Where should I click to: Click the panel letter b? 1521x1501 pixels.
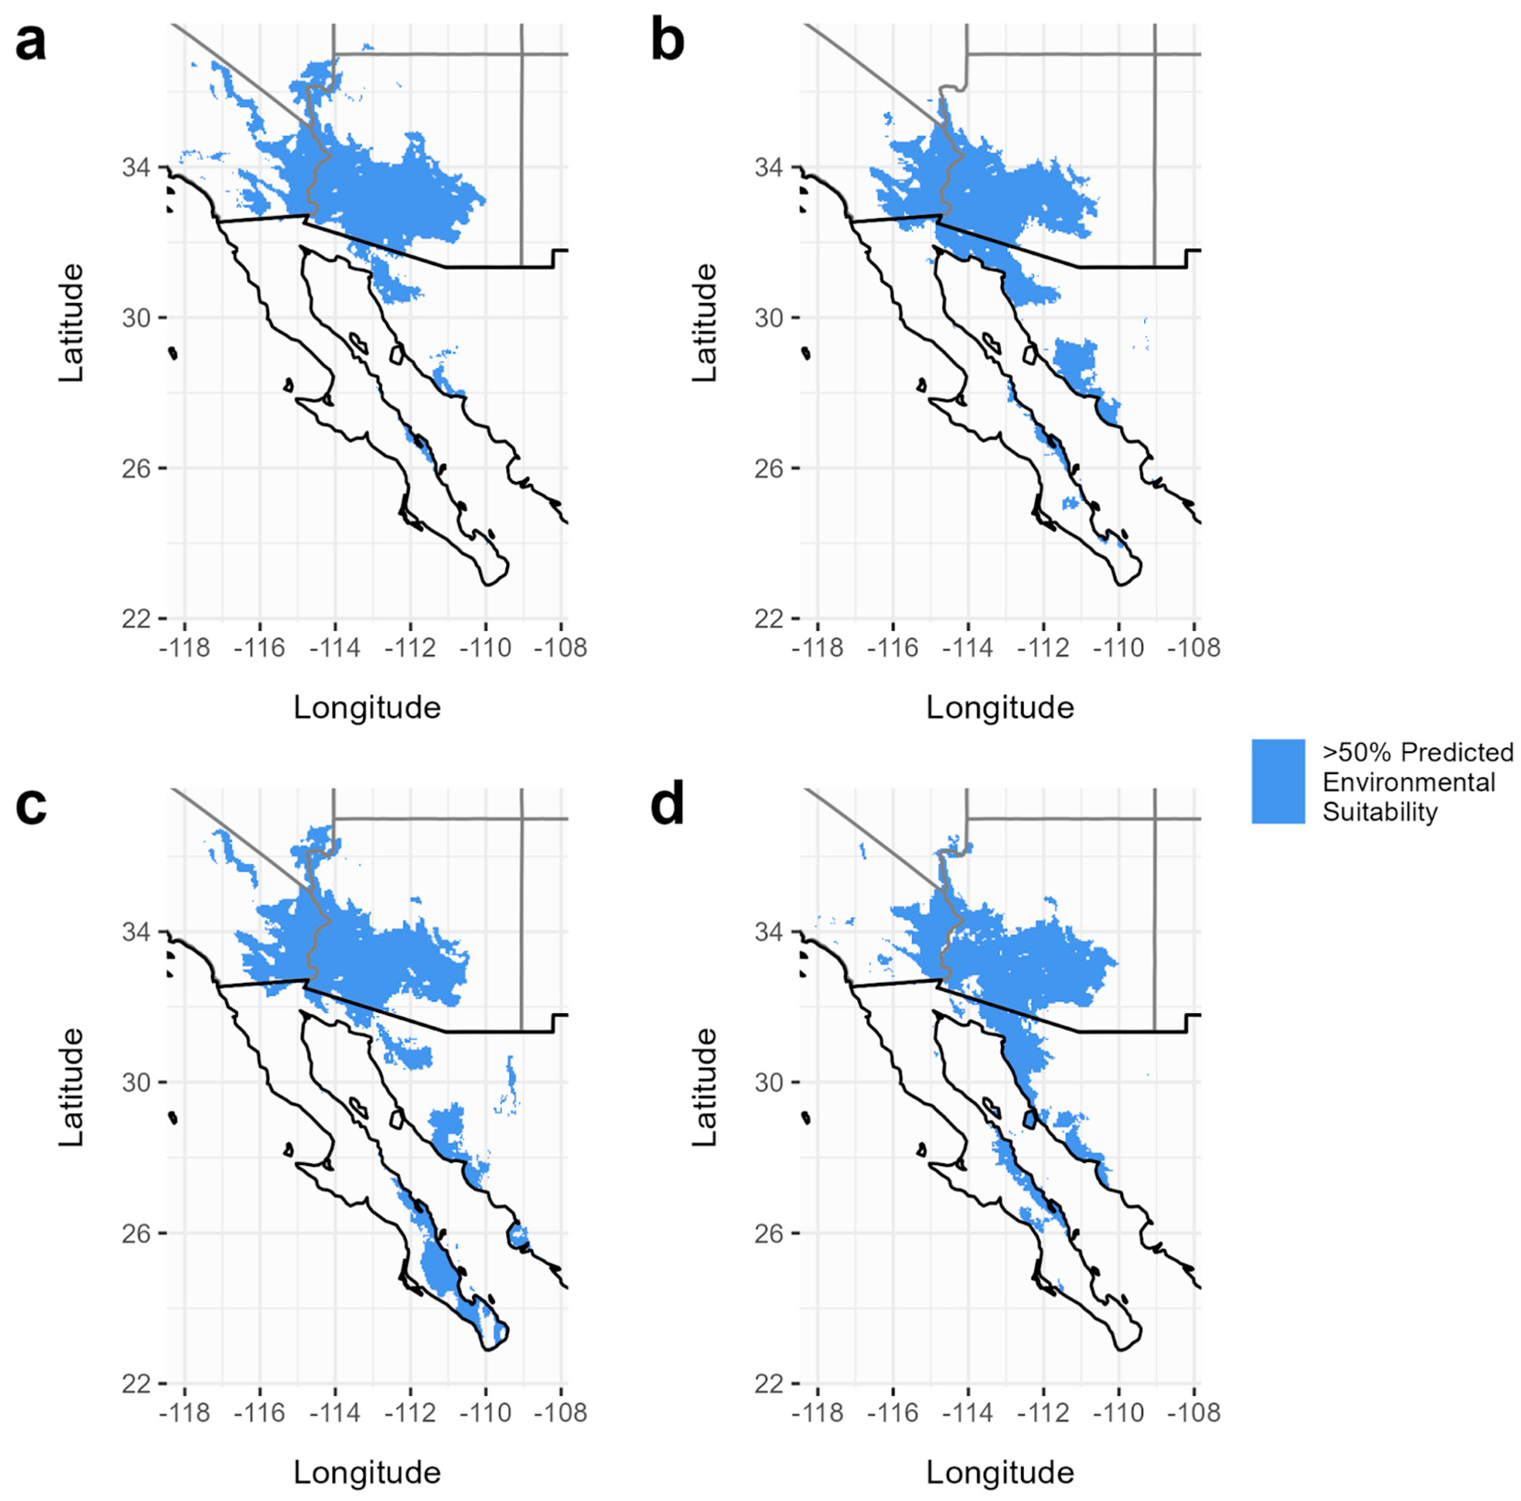click(667, 44)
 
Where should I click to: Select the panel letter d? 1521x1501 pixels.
click(667, 807)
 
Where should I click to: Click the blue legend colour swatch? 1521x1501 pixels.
click(1278, 781)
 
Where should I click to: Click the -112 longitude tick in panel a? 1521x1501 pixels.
click(410, 648)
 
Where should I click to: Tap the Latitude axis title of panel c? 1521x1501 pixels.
click(71, 1086)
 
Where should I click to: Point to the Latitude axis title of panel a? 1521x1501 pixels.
click(71, 323)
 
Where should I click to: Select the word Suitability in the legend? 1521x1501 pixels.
click(1379, 811)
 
